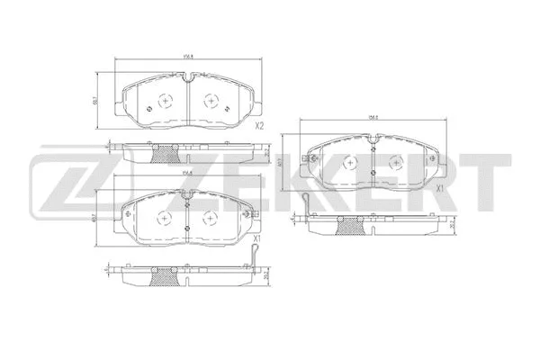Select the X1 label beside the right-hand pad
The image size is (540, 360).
tap(440, 189)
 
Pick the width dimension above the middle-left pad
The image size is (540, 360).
tap(187, 173)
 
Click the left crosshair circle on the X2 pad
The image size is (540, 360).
tap(164, 102)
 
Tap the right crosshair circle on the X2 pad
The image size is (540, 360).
tap(212, 102)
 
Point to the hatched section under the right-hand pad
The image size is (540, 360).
tap(346, 227)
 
